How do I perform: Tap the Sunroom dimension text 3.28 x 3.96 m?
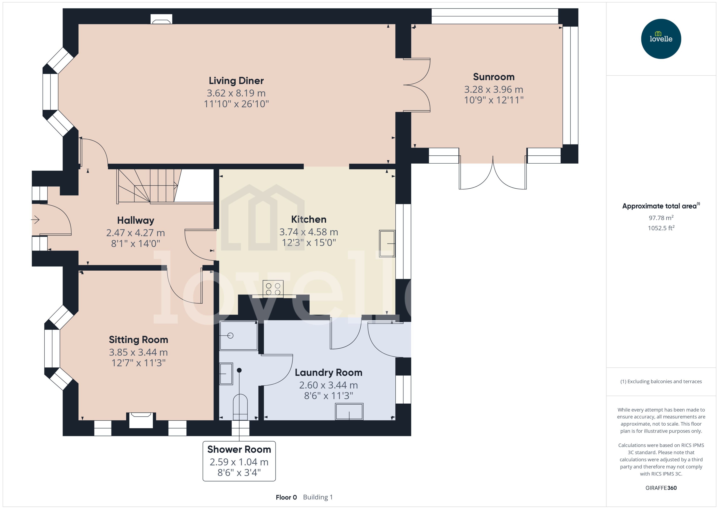493,90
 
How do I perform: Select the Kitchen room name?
309,219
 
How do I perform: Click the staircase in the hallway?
149,187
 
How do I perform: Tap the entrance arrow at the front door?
35,220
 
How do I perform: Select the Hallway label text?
135,220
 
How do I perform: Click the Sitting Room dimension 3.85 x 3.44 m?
138,352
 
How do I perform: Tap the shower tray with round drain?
239,335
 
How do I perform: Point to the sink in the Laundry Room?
349,411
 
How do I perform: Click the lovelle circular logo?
661,39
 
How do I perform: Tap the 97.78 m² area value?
661,218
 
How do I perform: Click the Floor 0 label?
286,497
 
